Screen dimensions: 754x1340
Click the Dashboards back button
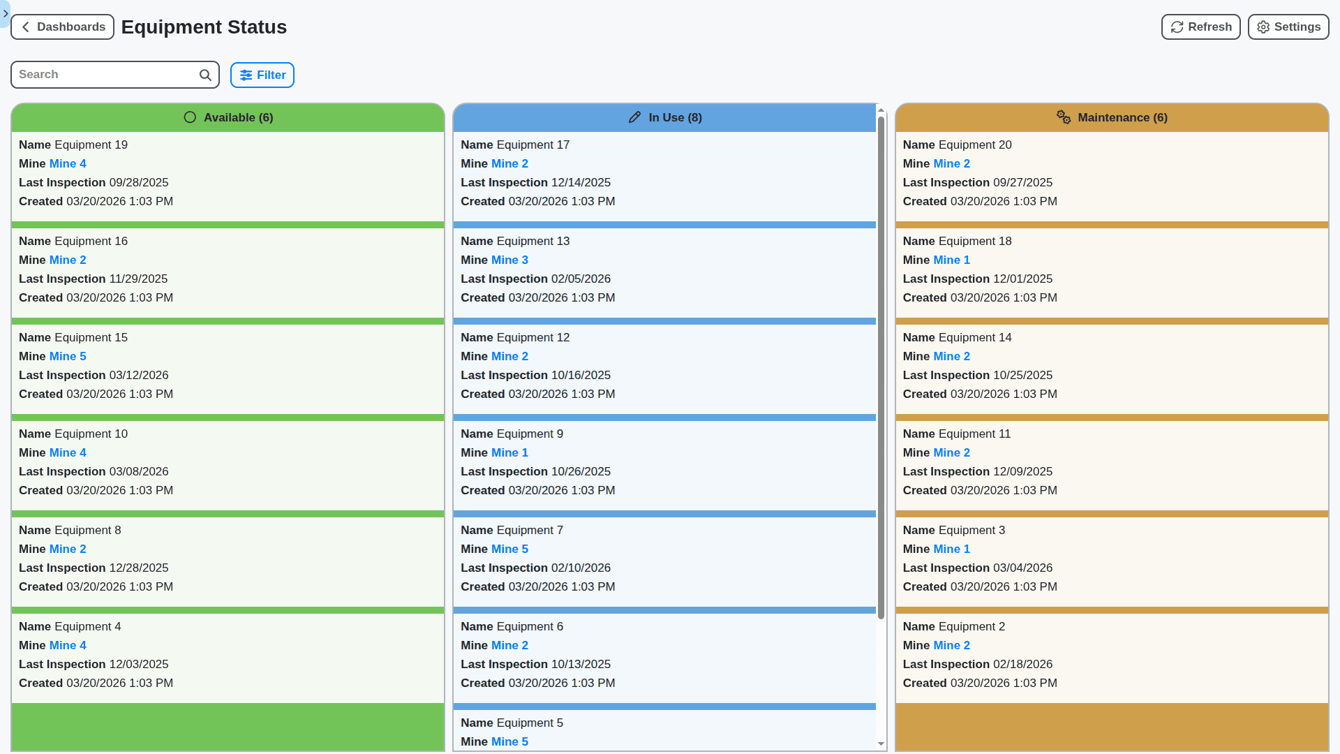click(x=62, y=27)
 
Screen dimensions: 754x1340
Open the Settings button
click(x=1288, y=27)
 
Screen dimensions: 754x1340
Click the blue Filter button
click(x=262, y=75)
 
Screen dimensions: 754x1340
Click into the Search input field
click(x=105, y=75)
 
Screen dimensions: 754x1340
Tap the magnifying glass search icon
click(x=205, y=75)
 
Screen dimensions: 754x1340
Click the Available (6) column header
click(x=228, y=118)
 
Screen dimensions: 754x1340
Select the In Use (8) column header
click(x=664, y=118)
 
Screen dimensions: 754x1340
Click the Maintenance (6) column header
click(x=1112, y=118)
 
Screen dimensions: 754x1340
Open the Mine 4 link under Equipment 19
click(x=68, y=164)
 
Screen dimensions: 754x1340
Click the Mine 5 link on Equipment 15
click(x=68, y=357)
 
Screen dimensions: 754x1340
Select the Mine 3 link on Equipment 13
click(x=509, y=260)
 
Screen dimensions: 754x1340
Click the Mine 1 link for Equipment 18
click(x=951, y=260)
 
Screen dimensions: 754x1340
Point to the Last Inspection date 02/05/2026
click(x=581, y=279)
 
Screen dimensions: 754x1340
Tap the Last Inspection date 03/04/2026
click(x=1022, y=568)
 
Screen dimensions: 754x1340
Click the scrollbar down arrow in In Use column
click(x=881, y=744)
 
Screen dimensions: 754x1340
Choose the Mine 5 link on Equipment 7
click(x=509, y=549)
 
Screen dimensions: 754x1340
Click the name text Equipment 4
click(x=88, y=627)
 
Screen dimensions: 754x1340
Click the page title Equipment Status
click(x=204, y=27)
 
